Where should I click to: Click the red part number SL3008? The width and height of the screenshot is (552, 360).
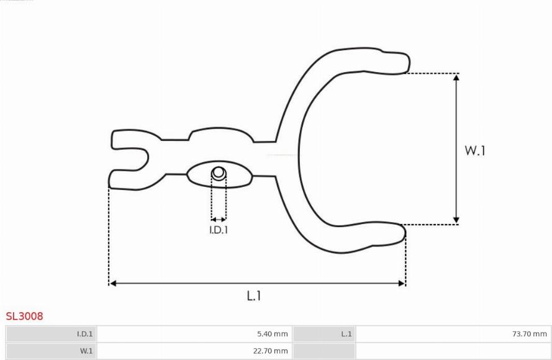click(24, 316)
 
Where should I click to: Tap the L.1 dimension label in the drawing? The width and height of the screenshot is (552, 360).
click(254, 296)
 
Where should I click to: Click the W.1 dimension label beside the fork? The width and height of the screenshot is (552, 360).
click(475, 151)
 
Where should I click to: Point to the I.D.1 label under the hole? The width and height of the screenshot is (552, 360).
click(219, 230)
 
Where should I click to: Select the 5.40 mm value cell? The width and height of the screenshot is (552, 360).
click(272, 333)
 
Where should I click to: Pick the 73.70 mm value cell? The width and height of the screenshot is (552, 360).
click(530, 333)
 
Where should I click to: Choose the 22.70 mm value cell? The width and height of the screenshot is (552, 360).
click(270, 351)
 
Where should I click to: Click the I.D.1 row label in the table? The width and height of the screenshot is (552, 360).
click(85, 333)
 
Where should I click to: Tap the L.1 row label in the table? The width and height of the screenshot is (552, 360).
click(346, 333)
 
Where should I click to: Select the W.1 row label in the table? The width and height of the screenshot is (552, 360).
click(86, 351)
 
